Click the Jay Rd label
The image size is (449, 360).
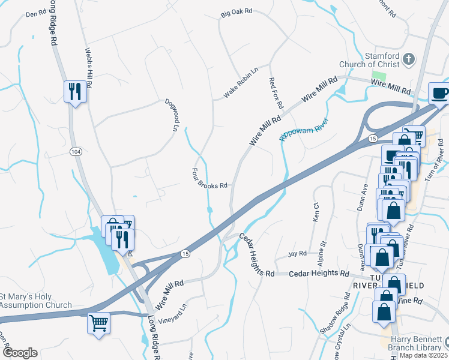pyautogui.click(x=298, y=253)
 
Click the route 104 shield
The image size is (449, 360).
pyautogui.click(x=76, y=151)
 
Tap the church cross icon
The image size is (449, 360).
pyautogui.click(x=408, y=59)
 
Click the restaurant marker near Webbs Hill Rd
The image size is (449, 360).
pyautogui.click(x=74, y=91)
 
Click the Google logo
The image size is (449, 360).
pyautogui.click(x=20, y=352)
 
